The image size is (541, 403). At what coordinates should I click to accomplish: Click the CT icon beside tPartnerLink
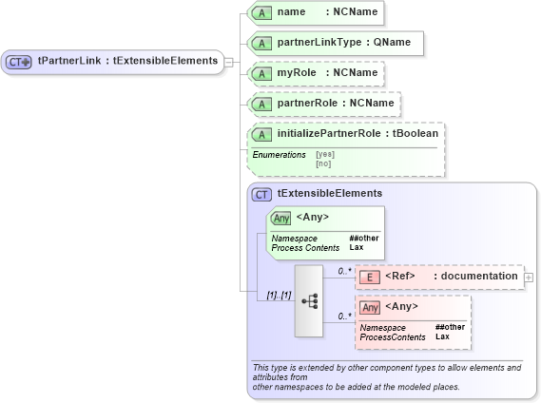click(x=19, y=62)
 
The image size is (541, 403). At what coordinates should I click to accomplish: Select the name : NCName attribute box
click(x=315, y=13)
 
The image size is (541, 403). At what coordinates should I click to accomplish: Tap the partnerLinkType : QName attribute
click(x=334, y=44)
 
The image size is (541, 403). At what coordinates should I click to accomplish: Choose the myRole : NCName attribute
click(x=315, y=73)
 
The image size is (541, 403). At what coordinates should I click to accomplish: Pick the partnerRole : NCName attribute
click(x=323, y=103)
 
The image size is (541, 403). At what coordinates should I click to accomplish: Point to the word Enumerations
click(x=279, y=154)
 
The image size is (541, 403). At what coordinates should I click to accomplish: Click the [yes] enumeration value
click(x=325, y=154)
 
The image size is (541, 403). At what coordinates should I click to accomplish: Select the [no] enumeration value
click(x=323, y=163)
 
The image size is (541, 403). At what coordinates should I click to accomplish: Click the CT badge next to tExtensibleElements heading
click(x=261, y=194)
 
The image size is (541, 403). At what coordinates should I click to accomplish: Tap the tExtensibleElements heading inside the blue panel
click(x=330, y=193)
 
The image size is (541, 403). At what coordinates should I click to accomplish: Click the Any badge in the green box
click(x=280, y=218)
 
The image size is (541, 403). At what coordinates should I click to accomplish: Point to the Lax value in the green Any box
click(x=357, y=247)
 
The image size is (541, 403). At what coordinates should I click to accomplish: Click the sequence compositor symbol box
click(x=309, y=300)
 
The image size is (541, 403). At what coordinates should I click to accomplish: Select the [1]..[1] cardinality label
click(x=279, y=296)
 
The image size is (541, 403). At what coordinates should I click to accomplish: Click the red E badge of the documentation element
click(x=372, y=277)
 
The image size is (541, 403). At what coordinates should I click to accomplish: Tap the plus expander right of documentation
click(x=529, y=277)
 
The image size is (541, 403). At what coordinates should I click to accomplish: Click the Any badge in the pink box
click(x=371, y=307)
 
